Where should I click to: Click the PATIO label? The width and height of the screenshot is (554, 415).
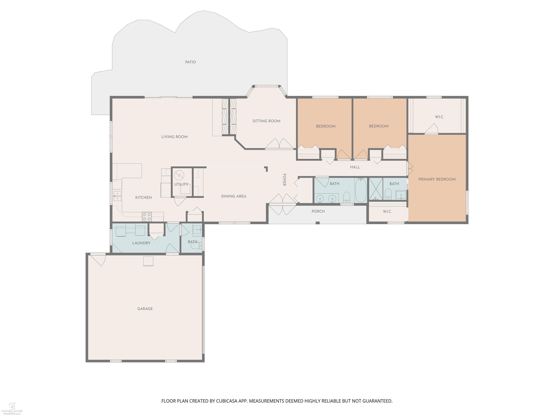pyautogui.click(x=190, y=62)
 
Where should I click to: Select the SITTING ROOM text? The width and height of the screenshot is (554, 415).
pyautogui.click(x=266, y=121)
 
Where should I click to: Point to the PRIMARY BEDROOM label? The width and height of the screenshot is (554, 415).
pyautogui.click(x=437, y=179)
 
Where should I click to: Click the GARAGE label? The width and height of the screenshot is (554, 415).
pyautogui.click(x=145, y=309)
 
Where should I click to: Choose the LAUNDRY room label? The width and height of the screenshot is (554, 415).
pyautogui.click(x=141, y=243)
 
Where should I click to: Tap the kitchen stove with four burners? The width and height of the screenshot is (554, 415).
pyautogui.click(x=147, y=217)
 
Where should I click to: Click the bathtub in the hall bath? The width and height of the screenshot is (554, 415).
pyautogui.click(x=361, y=190)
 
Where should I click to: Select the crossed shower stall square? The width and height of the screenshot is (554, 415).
pyautogui.click(x=376, y=189)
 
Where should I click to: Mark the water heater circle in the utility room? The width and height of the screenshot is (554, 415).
pyautogui.click(x=179, y=175)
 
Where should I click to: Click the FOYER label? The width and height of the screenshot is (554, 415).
pyautogui.click(x=284, y=180)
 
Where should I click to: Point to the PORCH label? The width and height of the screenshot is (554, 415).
pyautogui.click(x=318, y=211)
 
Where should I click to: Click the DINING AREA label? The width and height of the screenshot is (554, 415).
pyautogui.click(x=234, y=196)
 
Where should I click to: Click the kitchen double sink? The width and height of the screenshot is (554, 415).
pyautogui.click(x=117, y=196)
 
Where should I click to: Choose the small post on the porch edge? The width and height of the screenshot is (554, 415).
pyautogui.click(x=318, y=223)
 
